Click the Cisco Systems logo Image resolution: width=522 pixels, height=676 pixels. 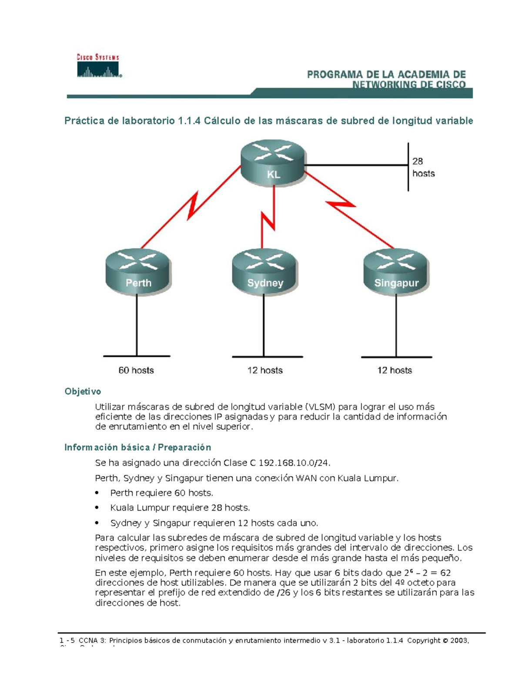[99, 66]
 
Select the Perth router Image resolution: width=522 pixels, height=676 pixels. [138, 272]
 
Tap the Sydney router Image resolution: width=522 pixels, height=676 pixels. [265, 272]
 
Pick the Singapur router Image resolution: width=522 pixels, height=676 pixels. [396, 272]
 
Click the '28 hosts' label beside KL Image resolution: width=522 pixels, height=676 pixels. [423, 168]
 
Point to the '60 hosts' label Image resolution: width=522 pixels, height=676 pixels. [136, 370]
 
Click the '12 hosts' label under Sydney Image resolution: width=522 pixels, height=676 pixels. [265, 370]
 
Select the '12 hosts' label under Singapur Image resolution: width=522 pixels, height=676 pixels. [395, 370]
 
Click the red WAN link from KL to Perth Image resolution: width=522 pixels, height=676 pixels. [191, 206]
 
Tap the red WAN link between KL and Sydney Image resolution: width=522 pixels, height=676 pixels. [268, 218]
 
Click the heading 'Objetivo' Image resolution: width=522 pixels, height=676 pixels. [83, 391]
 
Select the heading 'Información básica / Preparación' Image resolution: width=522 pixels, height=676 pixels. [137, 447]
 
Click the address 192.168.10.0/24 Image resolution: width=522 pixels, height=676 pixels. [291, 463]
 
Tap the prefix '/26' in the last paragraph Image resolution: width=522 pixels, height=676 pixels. [283, 593]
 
